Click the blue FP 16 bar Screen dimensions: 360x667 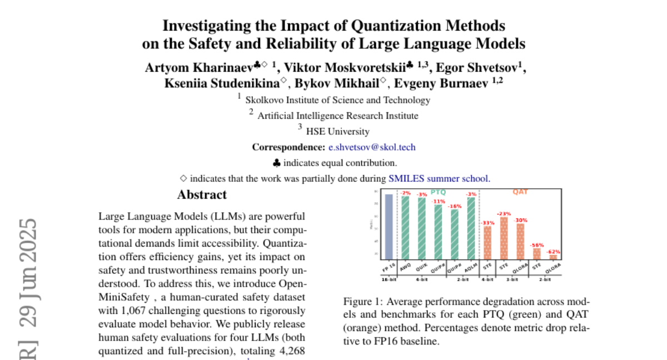point(389,226)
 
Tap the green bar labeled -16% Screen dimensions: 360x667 point(455,234)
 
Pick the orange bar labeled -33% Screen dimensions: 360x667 point(487,242)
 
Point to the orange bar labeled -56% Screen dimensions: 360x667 point(537,253)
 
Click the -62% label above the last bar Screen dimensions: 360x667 point(554,251)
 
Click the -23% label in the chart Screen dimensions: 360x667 point(504,213)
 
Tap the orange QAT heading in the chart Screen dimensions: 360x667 point(520,192)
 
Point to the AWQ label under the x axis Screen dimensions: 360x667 point(405,266)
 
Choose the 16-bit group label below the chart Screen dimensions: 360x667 point(389,278)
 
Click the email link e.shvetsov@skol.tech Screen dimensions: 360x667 point(371,147)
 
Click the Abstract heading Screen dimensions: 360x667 point(202,195)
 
